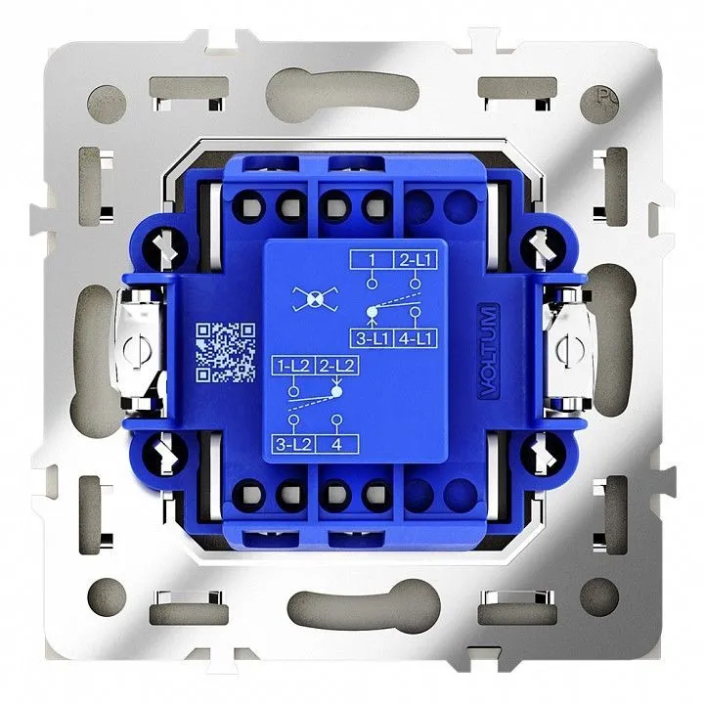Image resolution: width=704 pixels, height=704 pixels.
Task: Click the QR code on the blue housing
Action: (226, 352)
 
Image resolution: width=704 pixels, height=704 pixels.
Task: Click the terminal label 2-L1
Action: (415, 260)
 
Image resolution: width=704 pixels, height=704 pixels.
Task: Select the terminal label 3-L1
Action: (372, 338)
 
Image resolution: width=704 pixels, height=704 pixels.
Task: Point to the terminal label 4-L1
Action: (416, 338)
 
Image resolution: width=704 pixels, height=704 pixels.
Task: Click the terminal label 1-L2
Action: (293, 366)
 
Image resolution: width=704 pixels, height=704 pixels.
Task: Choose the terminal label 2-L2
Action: (336, 366)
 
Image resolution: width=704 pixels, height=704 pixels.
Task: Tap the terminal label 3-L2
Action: (293, 444)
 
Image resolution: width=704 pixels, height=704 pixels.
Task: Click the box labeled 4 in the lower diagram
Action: (337, 444)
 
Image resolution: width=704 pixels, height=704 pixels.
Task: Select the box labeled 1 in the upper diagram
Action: (372, 260)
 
